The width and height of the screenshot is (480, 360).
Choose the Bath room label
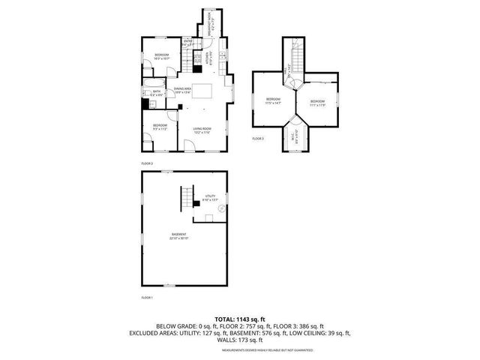click(x=157, y=93)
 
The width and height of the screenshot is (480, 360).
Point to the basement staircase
click(x=184, y=200)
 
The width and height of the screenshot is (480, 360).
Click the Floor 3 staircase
click(x=296, y=56)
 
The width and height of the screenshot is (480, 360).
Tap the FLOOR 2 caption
click(x=147, y=162)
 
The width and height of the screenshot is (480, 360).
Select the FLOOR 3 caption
click(x=258, y=139)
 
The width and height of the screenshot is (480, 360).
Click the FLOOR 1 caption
click(x=147, y=298)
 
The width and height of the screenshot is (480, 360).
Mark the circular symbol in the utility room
click(x=221, y=210)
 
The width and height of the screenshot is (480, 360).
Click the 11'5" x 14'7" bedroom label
click(x=273, y=102)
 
